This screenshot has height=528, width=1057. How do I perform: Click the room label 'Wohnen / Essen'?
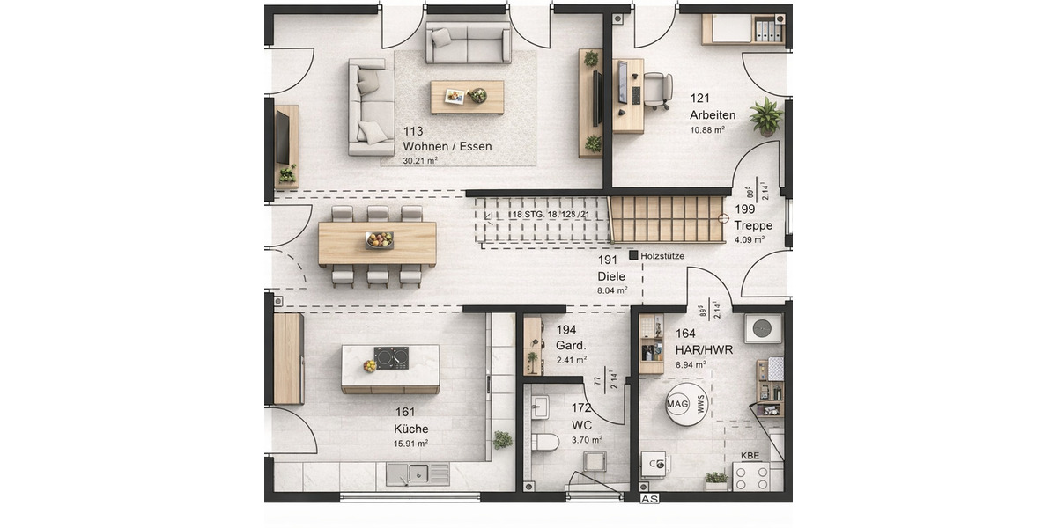coord(447,146)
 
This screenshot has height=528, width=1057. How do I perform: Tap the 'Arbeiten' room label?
coord(713,114)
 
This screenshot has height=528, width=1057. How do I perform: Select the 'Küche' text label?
coord(411,429)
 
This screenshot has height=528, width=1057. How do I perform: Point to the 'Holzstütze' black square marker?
coord(633,255)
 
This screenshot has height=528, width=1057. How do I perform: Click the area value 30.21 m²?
coord(420,161)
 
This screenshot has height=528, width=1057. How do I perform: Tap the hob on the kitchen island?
coord(391,357)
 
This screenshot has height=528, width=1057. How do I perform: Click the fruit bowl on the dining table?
coord(379,239)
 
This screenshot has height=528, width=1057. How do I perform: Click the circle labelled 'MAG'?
coord(677,404)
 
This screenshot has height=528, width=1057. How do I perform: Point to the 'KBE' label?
coord(750,456)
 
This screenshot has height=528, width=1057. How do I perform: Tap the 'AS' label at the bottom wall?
coord(649,499)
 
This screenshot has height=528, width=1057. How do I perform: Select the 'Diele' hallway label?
coord(611,276)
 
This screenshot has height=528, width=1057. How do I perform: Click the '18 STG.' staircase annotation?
coord(527,215)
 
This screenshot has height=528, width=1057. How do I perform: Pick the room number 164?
coord(685,334)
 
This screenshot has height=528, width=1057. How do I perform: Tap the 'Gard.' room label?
coord(570,345)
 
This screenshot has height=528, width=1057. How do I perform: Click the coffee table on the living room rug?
coord(467,97)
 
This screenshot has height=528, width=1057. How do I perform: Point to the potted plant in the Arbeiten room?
coord(765,116)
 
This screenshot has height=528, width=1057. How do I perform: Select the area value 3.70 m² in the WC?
coord(587,440)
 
